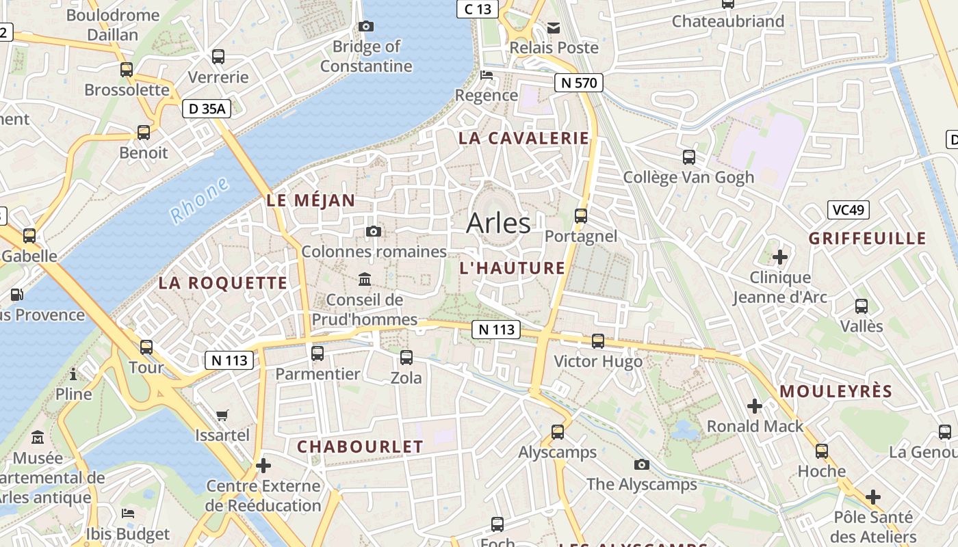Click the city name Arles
tap(498, 223)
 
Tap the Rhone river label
tap(199, 200)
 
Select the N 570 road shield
tap(578, 83)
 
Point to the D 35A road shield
tap(207, 109)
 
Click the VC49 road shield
tap(848, 210)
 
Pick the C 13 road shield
tap(478, 9)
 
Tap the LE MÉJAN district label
tap(311, 200)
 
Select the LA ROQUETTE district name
tap(223, 283)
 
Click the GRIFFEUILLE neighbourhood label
tap(867, 239)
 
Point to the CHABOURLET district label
tap(360, 446)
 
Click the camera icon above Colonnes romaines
tap(373, 232)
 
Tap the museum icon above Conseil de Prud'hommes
tap(365, 280)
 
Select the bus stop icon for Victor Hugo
tap(597, 341)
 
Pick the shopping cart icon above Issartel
tap(222, 415)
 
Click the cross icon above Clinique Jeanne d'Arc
tap(779, 257)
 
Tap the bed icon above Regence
tap(487, 75)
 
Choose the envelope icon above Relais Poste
tap(553, 28)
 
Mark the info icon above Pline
tap(73, 374)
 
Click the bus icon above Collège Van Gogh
tap(688, 157)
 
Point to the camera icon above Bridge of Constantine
tap(366, 27)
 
